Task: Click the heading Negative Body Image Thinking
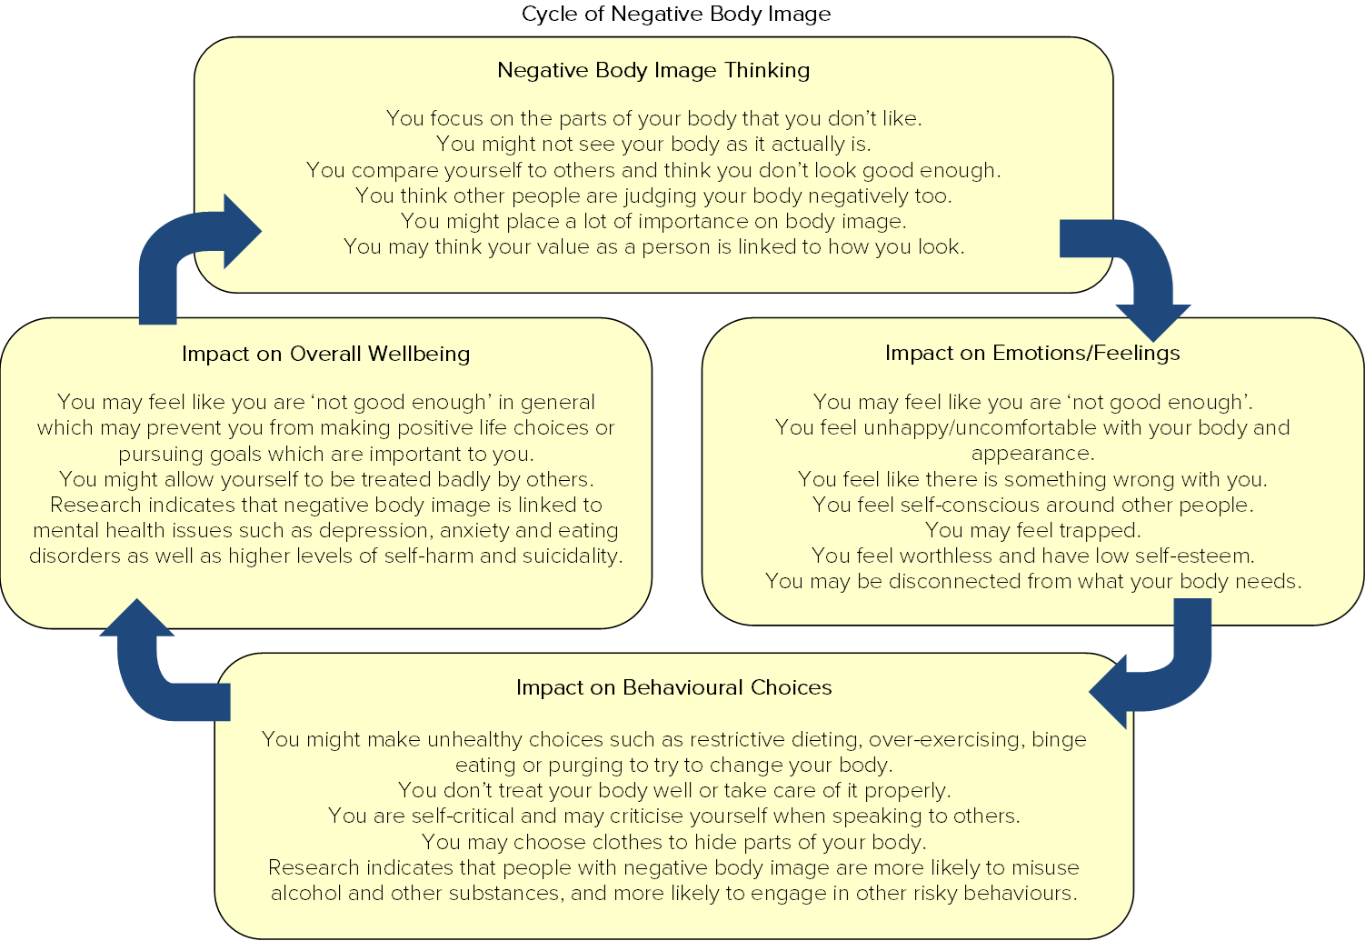click(653, 70)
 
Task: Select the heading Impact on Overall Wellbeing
click(325, 354)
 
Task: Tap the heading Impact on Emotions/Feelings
click(1032, 353)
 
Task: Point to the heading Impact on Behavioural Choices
click(673, 687)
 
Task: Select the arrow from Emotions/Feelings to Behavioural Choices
click(1163, 677)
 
